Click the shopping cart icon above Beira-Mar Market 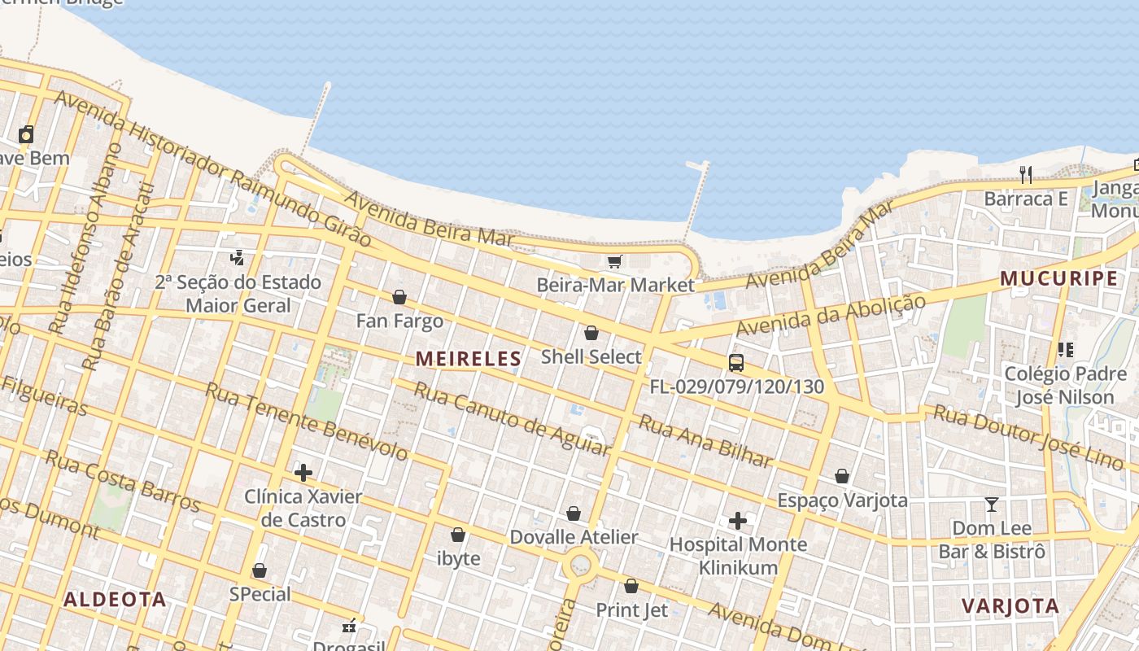tap(615, 261)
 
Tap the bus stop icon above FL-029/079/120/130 tap(736, 363)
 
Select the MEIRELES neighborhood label tap(469, 358)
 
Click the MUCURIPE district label tap(1058, 278)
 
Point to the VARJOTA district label tap(1010, 605)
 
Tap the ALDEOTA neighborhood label tap(115, 600)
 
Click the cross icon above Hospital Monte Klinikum tap(738, 520)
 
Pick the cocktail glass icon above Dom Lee tap(991, 505)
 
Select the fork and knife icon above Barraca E tap(1026, 174)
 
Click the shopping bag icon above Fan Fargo tap(399, 297)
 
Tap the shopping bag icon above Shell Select tap(591, 333)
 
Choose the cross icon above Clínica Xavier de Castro tap(303, 472)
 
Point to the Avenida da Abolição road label tap(830, 315)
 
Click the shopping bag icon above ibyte tap(458, 535)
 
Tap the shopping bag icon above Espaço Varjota tap(842, 476)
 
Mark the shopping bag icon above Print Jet tap(631, 586)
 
